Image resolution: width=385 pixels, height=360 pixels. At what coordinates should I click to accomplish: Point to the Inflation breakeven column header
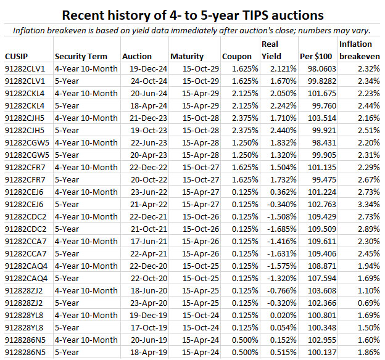point(359,50)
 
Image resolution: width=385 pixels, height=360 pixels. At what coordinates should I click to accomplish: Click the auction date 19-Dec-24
point(146,68)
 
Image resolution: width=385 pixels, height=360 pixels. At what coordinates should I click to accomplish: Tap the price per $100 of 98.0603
point(320,68)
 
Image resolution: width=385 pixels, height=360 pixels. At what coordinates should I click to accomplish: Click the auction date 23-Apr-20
point(146,303)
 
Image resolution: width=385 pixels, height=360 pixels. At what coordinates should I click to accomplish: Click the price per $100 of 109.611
point(321,241)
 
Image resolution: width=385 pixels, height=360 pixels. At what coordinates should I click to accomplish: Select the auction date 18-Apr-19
point(146,352)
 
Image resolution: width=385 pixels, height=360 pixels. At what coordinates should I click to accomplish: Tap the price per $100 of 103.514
point(321,118)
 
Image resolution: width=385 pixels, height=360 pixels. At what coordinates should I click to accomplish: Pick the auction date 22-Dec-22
point(146,167)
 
